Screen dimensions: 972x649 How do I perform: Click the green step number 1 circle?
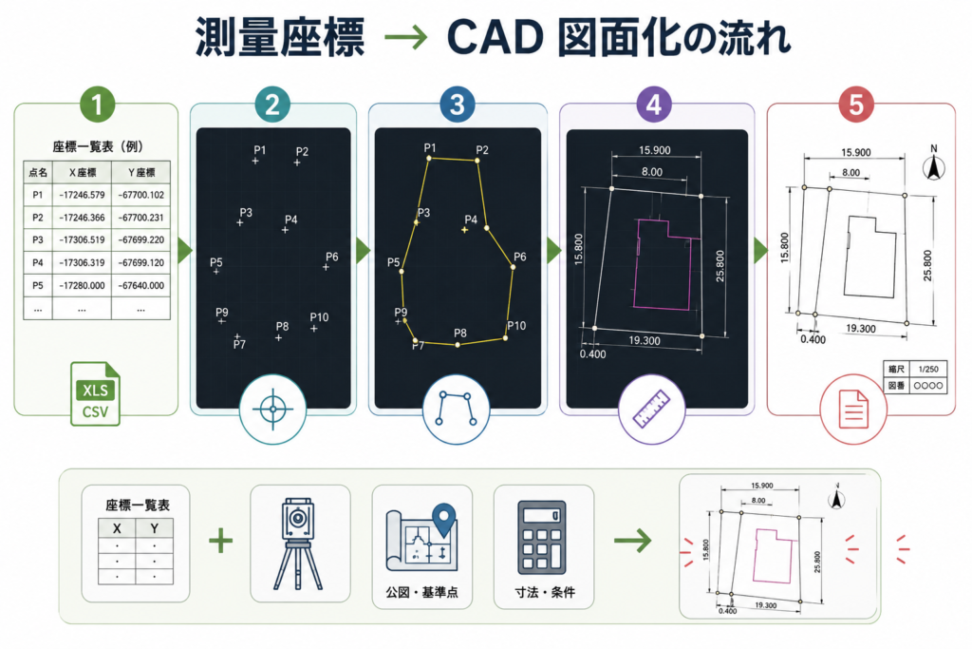[x=98, y=105]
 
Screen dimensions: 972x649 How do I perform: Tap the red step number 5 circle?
[x=856, y=105]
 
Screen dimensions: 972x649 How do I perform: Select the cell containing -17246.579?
[x=82, y=195]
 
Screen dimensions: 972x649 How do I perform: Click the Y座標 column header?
[x=141, y=173]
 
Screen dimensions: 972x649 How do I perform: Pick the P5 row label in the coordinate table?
[x=38, y=285]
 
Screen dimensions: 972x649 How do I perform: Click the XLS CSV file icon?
[x=95, y=393]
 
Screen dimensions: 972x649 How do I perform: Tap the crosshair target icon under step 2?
[x=272, y=410]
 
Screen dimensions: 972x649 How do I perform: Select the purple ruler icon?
[x=651, y=409]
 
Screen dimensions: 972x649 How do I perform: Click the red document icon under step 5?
[x=853, y=409]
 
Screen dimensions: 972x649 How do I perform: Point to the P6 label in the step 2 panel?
[x=332, y=257]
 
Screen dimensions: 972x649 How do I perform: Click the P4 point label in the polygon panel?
[x=471, y=220]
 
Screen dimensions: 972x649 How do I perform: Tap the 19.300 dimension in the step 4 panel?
[x=645, y=340]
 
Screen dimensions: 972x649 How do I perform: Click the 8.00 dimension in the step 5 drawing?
[x=851, y=173]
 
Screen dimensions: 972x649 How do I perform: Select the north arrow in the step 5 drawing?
[x=934, y=164]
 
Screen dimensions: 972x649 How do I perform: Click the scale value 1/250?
[x=928, y=370]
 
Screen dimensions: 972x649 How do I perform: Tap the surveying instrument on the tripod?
[x=298, y=543]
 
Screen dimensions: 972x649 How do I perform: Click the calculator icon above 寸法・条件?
[x=542, y=538]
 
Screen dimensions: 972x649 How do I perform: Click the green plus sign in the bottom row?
[x=220, y=541]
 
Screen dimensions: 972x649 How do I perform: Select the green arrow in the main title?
[x=406, y=38]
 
